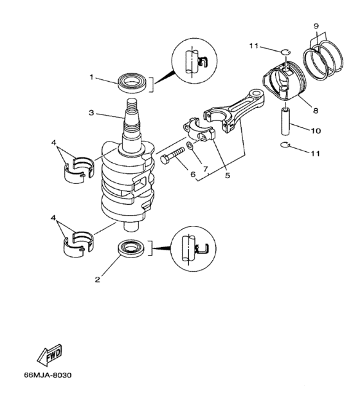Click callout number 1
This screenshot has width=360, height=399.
click(x=92, y=77)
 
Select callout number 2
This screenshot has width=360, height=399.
click(x=97, y=279)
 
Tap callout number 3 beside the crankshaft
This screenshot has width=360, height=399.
click(x=92, y=113)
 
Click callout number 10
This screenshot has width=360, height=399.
click(x=315, y=131)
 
